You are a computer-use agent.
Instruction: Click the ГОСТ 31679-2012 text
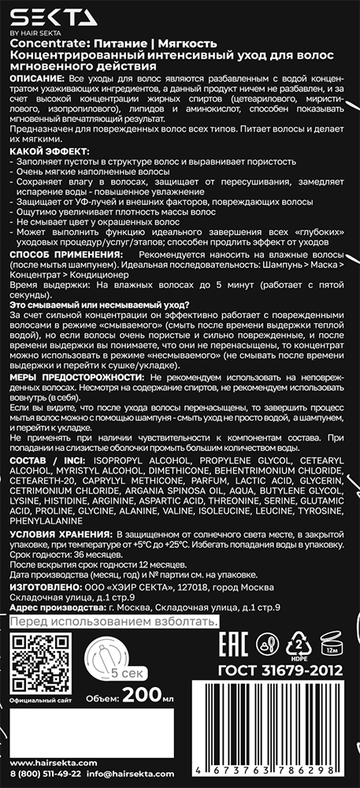click(x=280, y=672)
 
